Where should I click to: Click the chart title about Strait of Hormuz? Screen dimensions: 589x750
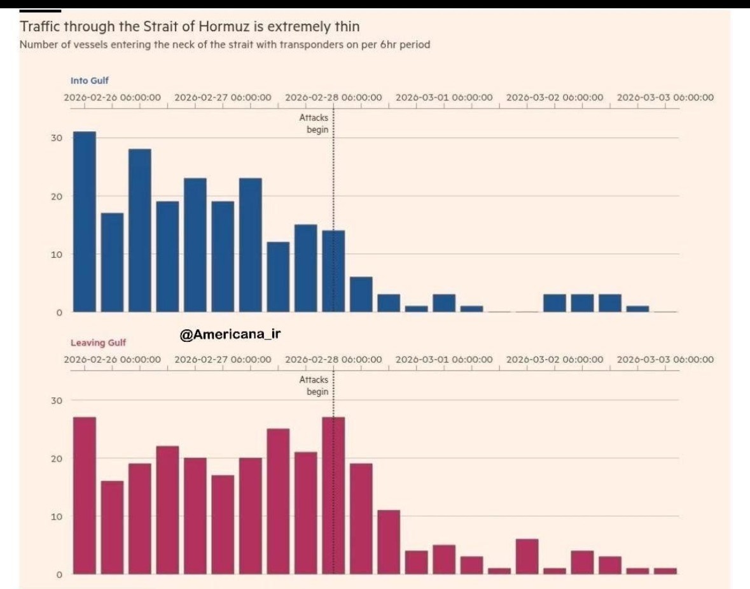click(190, 27)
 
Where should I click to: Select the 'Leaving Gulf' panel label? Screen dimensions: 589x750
click(98, 343)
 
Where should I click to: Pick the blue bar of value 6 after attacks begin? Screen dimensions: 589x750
click(361, 294)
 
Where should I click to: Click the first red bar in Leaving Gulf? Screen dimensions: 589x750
click(85, 495)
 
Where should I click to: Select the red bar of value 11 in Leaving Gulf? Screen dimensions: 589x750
click(389, 541)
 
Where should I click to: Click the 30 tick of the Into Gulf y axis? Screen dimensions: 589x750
click(57, 138)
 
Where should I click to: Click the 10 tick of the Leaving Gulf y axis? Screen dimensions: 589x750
click(57, 516)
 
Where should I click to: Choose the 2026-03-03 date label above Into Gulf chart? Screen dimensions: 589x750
click(665, 98)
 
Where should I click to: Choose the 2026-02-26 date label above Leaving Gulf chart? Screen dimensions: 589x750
click(113, 360)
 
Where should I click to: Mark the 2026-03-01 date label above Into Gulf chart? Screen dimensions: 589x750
click(444, 98)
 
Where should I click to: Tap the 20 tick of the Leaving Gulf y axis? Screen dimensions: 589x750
click(57, 458)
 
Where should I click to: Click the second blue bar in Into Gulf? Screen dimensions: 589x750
click(112, 262)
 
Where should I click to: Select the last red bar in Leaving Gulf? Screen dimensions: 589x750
click(665, 571)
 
